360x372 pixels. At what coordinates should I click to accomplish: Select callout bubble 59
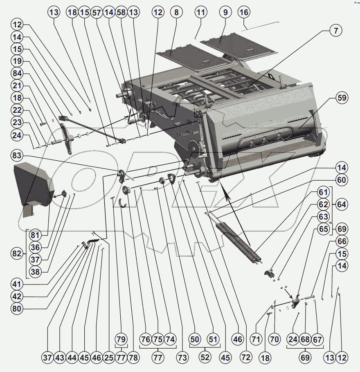[341, 98]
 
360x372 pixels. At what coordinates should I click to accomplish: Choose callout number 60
[341, 179]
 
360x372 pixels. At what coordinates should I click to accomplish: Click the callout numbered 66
[341, 241]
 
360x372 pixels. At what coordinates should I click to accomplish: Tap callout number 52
[205, 357]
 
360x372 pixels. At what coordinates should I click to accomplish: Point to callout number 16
[244, 12]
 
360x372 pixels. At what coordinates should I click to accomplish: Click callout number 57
[96, 12]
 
